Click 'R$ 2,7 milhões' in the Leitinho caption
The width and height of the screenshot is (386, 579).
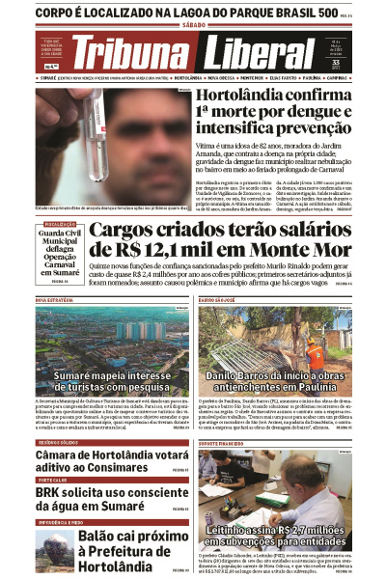click(x=310, y=530)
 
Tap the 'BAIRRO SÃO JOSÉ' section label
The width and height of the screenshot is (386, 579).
click(x=220, y=301)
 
